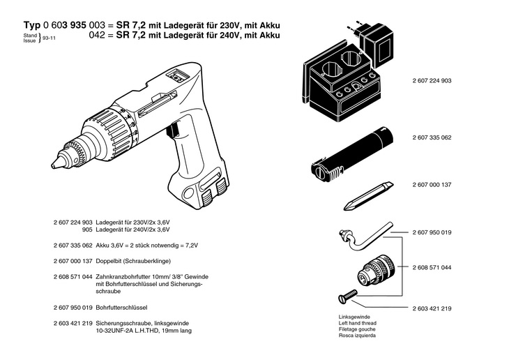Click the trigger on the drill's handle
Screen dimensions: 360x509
click(172, 132)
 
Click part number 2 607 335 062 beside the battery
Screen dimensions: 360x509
click(432, 137)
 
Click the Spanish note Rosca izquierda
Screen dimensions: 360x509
click(357, 335)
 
